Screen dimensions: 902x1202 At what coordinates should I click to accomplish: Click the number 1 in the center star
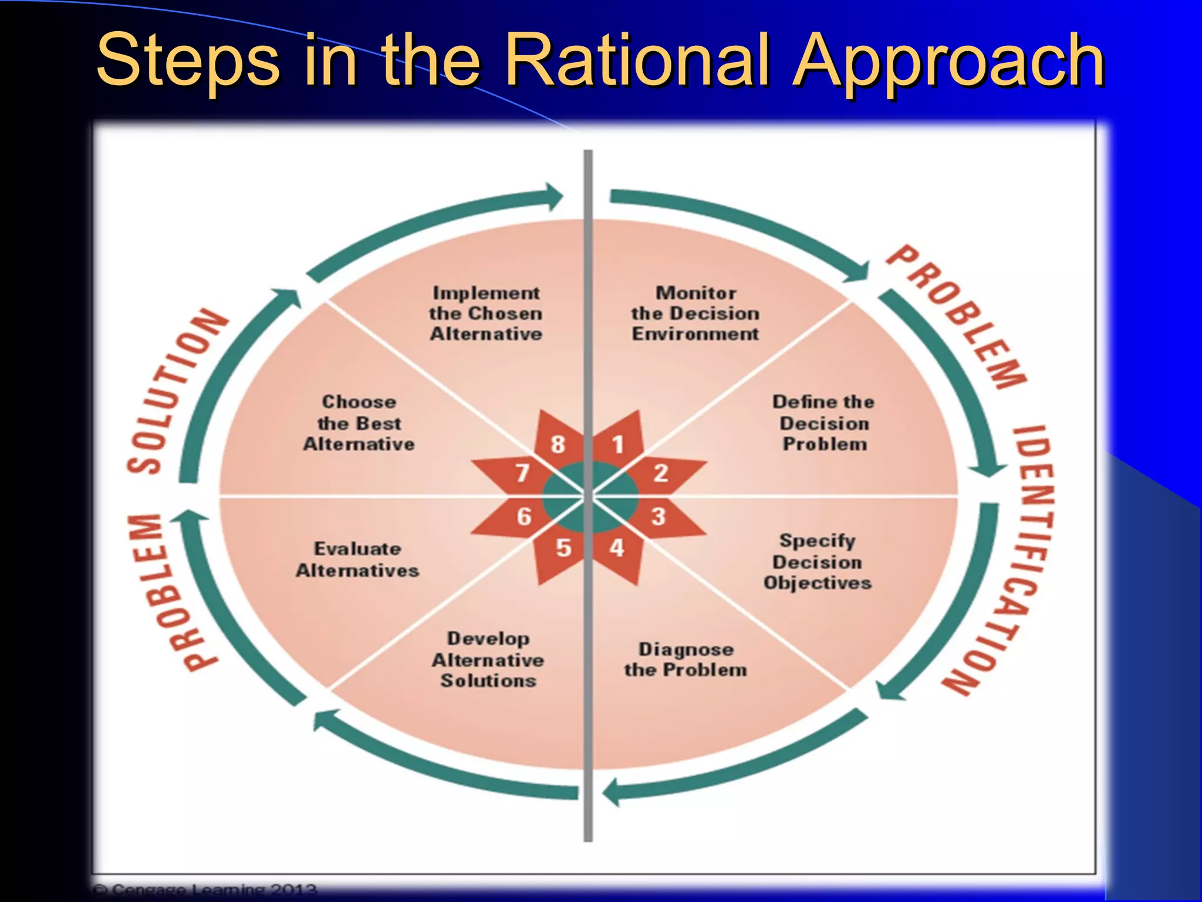click(x=617, y=445)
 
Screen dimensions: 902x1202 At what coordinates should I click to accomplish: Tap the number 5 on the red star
click(x=563, y=547)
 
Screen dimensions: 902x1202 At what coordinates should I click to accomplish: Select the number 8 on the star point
click(x=558, y=445)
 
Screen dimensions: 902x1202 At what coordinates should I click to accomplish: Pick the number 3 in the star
click(x=659, y=516)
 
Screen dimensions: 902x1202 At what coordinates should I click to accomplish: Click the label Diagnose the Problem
click(x=686, y=659)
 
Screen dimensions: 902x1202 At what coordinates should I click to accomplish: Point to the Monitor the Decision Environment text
click(x=695, y=313)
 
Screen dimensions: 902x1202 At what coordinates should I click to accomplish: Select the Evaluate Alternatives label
click(x=357, y=559)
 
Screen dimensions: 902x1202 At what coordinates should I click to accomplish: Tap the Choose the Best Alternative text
click(x=359, y=423)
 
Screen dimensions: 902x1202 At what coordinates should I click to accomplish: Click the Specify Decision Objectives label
click(x=818, y=561)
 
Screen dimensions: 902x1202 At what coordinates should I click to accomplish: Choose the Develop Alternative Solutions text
click(x=488, y=659)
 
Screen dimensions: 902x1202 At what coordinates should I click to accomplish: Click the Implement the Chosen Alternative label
click(x=486, y=313)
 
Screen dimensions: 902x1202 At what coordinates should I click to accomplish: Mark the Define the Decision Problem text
click(x=824, y=423)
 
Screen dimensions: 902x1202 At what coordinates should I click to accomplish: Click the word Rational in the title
click(x=636, y=60)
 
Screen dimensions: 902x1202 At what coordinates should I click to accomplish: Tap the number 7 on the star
click(x=522, y=473)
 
